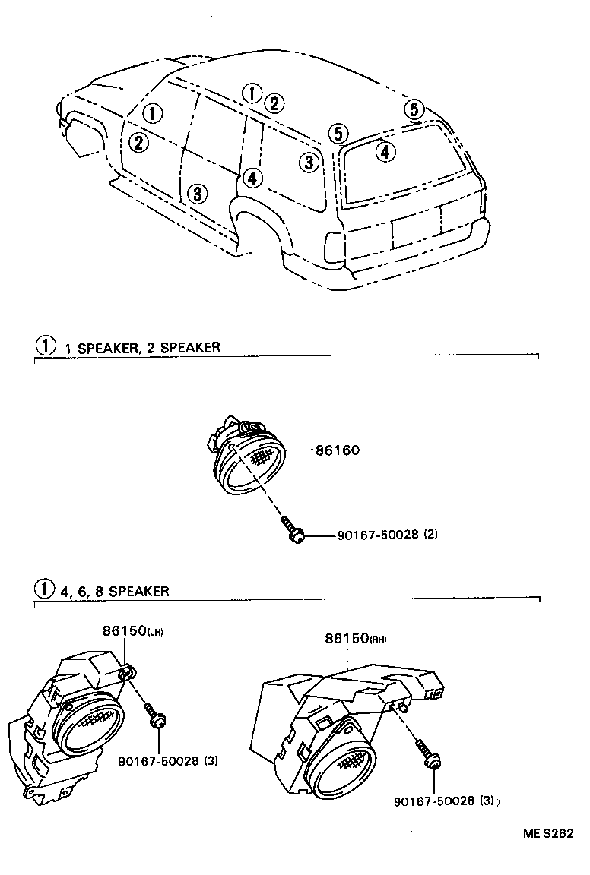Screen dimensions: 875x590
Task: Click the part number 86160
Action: click(338, 450)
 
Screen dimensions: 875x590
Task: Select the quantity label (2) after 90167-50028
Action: click(430, 535)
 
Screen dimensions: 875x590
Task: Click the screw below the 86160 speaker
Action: click(295, 532)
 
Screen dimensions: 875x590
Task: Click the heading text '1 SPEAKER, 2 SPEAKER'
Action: click(142, 347)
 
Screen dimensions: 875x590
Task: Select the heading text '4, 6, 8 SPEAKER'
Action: click(115, 590)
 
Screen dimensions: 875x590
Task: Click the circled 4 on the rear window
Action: click(385, 152)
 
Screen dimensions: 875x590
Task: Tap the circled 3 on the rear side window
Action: click(307, 162)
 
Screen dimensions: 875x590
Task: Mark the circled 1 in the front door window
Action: click(153, 114)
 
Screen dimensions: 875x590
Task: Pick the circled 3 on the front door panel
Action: click(197, 194)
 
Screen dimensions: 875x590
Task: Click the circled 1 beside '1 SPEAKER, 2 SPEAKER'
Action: click(46, 346)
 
